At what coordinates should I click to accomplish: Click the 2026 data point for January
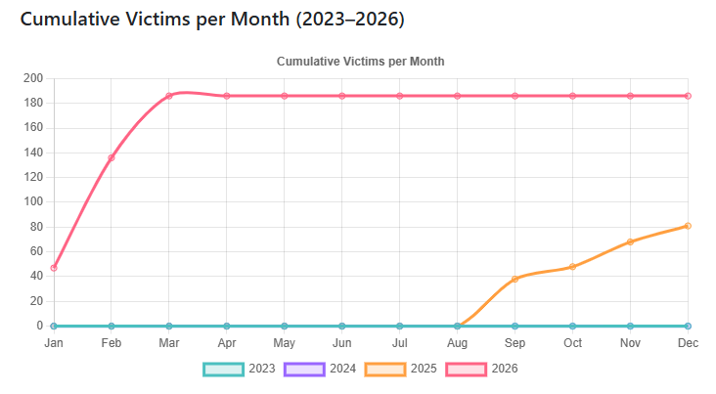(53, 267)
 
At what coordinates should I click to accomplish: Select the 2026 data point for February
(111, 157)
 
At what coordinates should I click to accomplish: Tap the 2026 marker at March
(169, 96)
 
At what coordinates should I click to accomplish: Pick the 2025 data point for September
(515, 279)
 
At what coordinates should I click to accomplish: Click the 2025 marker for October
(572, 267)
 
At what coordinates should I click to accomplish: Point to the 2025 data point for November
(630, 241)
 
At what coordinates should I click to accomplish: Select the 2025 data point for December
(688, 226)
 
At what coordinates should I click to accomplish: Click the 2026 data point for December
(688, 96)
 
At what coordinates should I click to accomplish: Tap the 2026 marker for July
(399, 96)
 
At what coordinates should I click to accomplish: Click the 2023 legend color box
(222, 369)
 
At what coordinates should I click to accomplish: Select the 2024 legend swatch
(302, 369)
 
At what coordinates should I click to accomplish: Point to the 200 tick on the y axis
(33, 78)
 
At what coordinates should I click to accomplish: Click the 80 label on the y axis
(36, 227)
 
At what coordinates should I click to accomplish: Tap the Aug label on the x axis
(457, 343)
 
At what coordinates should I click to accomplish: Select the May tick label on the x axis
(284, 343)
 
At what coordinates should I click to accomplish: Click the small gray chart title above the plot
(360, 61)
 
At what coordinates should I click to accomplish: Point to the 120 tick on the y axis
(33, 177)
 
